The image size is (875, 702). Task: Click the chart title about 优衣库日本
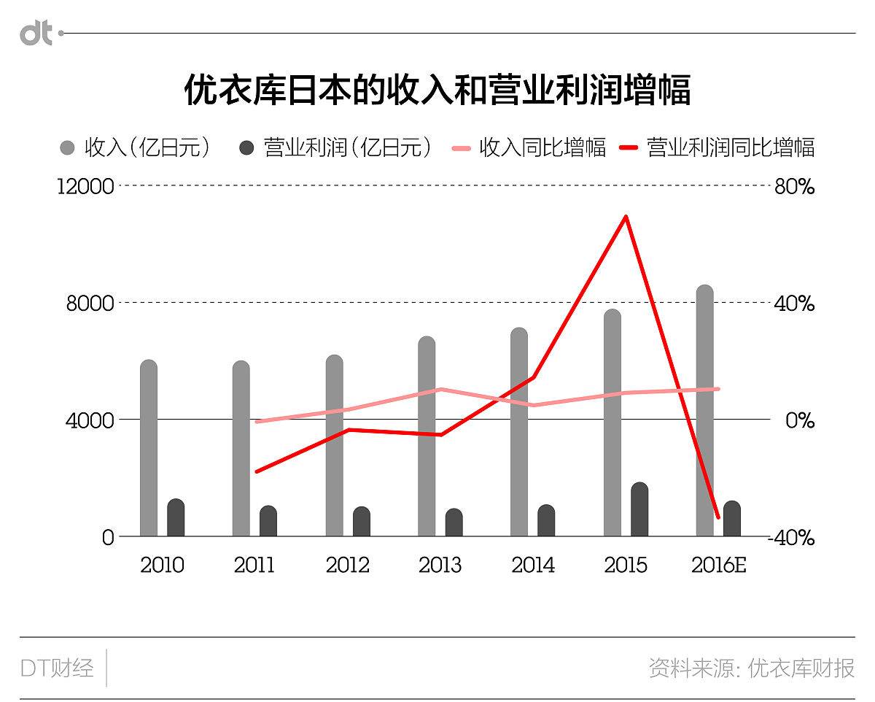coord(437,90)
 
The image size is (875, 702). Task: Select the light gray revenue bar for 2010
coord(149,449)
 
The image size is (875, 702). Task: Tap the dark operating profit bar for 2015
coord(639,510)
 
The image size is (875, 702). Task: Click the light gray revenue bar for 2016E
coord(704,411)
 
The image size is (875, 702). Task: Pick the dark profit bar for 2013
coord(454,522)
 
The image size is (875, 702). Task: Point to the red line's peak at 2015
coord(626,217)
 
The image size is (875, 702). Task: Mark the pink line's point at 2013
coord(441,389)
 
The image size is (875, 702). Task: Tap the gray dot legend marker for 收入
coord(67,148)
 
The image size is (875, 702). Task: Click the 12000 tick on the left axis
coord(86,187)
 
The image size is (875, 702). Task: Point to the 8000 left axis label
coord(90,304)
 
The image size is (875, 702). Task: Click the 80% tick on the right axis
coord(794,187)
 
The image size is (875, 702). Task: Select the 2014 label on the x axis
coord(533,566)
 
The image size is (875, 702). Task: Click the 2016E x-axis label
coord(718,566)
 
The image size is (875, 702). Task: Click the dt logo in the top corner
coord(36,33)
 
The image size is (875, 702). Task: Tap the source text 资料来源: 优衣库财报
coord(751,668)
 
